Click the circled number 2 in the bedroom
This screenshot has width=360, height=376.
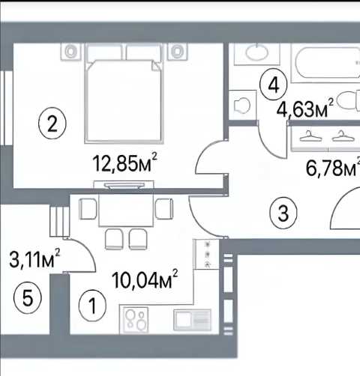[52, 124]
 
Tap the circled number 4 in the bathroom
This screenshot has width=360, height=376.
[274, 85]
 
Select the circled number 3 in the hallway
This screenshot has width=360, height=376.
[283, 213]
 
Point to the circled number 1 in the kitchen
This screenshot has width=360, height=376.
[92, 305]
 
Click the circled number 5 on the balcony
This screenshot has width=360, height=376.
[28, 297]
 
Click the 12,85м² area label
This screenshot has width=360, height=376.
[125, 163]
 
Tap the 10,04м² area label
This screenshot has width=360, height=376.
[145, 279]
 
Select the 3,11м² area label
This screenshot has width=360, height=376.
[34, 258]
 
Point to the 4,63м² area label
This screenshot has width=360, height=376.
[305, 108]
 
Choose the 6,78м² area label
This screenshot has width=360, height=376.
[332, 167]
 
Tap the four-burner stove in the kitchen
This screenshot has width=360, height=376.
[135, 320]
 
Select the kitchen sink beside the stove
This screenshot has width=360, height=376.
[192, 320]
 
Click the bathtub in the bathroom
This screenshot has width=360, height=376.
[325, 63]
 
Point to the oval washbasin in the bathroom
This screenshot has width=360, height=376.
[257, 52]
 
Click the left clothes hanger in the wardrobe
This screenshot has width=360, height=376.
[310, 136]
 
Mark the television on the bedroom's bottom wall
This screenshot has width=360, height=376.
[124, 186]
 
